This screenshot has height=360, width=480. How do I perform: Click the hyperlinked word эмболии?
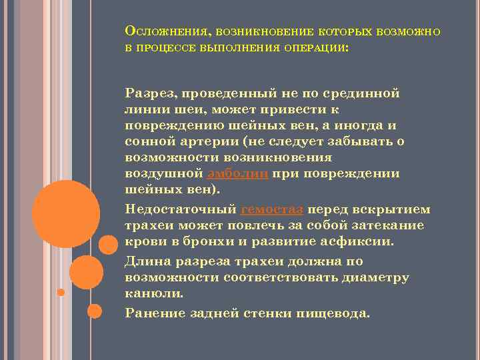pyautogui.click(x=239, y=174)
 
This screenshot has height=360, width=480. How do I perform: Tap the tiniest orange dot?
pyautogui.click(x=61, y=292)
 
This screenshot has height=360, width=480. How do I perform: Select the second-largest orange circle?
pyautogui.click(x=86, y=272)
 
